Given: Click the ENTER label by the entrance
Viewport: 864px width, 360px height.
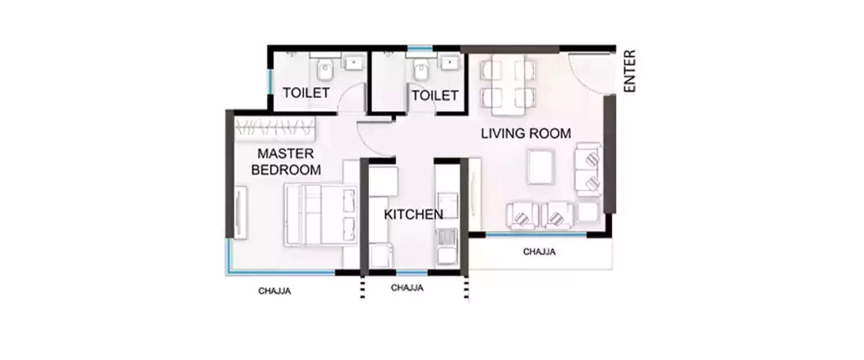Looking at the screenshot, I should point(630,71).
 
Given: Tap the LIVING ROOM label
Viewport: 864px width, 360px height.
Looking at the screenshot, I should point(526,134).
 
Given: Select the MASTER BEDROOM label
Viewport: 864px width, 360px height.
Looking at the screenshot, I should point(286,162).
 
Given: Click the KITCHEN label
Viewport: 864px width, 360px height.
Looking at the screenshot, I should point(414,215).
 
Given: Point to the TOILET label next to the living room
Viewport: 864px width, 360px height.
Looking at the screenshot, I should point(435,96).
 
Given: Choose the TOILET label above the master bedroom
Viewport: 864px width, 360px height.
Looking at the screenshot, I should point(306,93).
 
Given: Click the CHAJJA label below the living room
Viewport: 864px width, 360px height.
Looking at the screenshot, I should point(539,252).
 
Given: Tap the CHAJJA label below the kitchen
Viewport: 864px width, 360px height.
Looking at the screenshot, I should point(407,288).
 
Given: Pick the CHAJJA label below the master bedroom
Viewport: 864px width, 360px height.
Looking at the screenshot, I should point(274,291).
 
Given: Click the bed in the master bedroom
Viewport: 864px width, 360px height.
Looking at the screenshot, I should point(320,214).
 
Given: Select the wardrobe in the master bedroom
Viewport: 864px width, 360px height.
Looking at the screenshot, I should point(275,128).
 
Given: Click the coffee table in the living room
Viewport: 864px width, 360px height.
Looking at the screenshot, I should point(540,167).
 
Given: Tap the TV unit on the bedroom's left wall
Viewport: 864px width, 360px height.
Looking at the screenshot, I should point(240,211).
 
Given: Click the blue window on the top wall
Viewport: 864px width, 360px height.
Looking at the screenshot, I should point(419,48).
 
